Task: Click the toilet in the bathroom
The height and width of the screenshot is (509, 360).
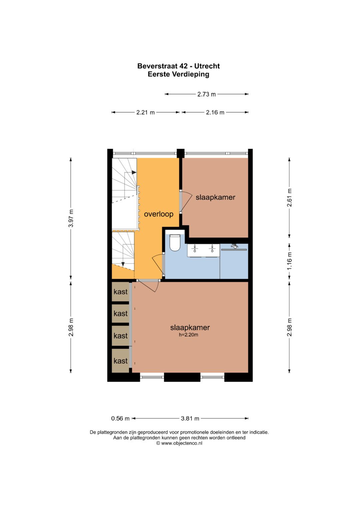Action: coord(175,243)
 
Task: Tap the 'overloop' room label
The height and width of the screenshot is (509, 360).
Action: coord(159,214)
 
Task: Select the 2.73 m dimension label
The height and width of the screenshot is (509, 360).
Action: coord(206,94)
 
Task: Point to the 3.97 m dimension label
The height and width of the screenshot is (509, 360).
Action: coord(71,218)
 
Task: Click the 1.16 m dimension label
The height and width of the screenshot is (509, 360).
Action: coord(289,261)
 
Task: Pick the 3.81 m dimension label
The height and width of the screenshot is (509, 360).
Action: coord(190,418)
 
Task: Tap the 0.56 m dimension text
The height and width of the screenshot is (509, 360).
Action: coord(120,418)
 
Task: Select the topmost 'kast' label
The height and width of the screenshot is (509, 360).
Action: coord(120,292)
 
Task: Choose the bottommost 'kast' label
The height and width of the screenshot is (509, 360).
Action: coord(120,361)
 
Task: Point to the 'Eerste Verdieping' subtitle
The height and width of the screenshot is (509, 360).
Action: coord(178,74)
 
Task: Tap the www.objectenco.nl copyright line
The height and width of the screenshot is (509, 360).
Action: coord(179,443)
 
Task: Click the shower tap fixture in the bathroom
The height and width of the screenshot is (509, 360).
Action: coord(234,246)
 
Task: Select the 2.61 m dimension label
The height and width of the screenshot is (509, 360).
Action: coord(289,198)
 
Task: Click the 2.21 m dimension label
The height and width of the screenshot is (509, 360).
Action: coord(145,112)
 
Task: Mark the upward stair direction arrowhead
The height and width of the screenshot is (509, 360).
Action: coord(134,172)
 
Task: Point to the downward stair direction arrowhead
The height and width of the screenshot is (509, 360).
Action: coord(123,264)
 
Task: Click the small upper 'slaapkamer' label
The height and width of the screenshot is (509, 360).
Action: coord(215,197)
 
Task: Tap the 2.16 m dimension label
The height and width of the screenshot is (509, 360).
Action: coord(215,112)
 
